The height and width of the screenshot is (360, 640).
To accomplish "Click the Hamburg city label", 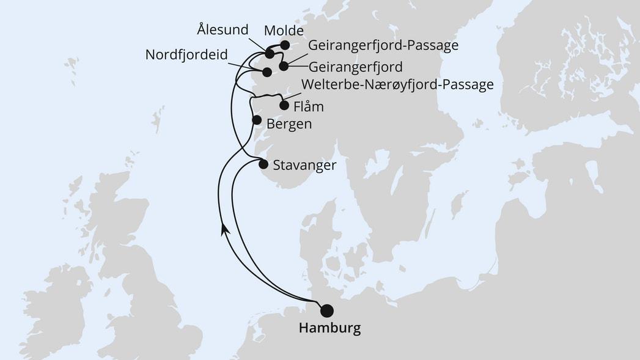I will click(x=329, y=328).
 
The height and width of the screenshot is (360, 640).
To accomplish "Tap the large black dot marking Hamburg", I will click(x=328, y=310).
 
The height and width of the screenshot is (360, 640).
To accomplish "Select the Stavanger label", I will click(x=304, y=165).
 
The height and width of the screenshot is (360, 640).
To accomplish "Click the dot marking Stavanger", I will click(x=263, y=164).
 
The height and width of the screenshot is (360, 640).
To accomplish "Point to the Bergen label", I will click(x=289, y=124).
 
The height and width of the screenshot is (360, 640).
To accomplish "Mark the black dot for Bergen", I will click(x=257, y=120).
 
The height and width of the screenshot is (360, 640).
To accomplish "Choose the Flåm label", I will click(x=308, y=106).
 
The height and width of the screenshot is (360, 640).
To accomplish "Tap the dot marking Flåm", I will click(x=284, y=105).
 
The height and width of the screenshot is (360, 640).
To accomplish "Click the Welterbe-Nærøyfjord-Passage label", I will click(x=398, y=85).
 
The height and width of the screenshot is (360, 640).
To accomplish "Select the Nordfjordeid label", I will click(x=186, y=55).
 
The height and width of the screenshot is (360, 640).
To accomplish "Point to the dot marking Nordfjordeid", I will click(x=267, y=72).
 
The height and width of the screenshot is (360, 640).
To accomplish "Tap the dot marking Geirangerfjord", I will click(x=283, y=65).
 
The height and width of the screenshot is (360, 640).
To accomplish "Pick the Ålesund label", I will click(x=223, y=29).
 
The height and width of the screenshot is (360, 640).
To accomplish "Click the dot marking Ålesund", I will click(x=270, y=54).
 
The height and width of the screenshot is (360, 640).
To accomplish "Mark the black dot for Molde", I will click(x=285, y=45).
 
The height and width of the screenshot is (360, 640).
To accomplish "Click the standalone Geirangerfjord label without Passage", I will click(x=356, y=66).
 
